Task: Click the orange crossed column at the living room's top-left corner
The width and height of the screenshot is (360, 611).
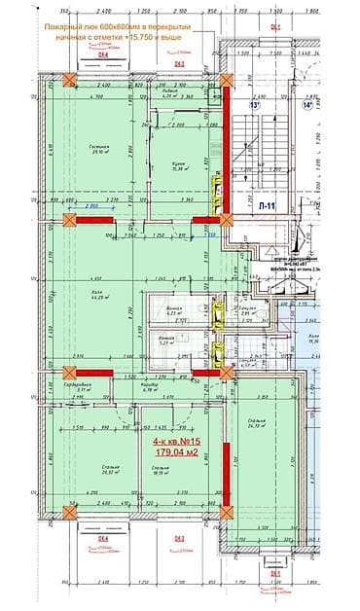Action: tap(69, 81)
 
